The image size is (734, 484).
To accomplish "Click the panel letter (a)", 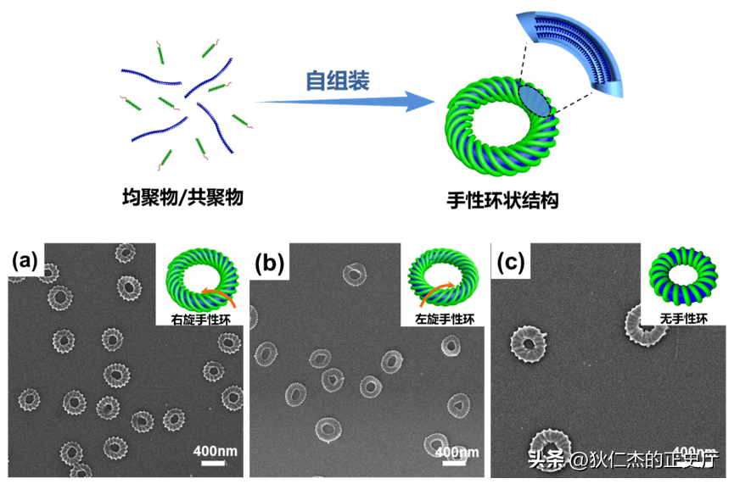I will [25, 261].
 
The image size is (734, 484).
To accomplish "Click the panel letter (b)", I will [269, 264].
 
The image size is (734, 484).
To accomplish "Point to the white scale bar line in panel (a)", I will [212, 463].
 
